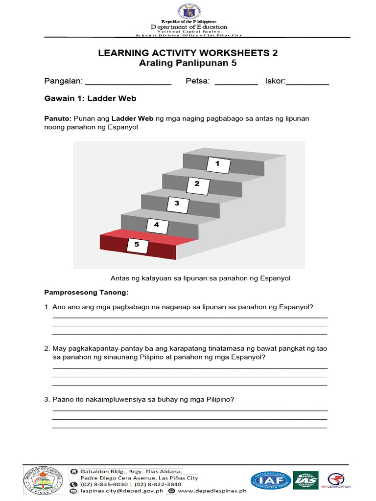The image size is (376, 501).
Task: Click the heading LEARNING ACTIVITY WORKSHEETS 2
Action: coord(188,53)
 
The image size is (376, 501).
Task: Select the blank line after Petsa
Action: coord(236,84)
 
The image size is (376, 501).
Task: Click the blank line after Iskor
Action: coord(307,84)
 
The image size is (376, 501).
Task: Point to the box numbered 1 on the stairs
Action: coord(218,164)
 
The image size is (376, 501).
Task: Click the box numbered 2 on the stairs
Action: coord(197,184)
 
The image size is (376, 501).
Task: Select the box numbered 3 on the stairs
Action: coord(177,204)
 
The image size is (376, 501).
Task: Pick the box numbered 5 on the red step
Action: coord(137,244)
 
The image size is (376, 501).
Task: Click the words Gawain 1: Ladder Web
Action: coord(90,99)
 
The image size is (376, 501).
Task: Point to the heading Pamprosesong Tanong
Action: coord(86,293)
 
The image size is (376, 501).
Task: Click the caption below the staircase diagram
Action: coord(200,278)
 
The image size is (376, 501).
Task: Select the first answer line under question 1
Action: coord(189,318)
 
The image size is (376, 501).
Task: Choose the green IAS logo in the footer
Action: coord(305,480)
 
